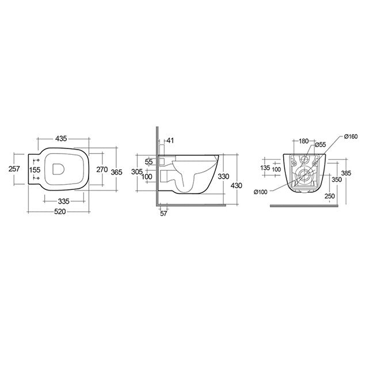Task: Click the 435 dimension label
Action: pos(62,139)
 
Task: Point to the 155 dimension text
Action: pos(35,170)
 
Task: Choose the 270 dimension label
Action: pos(102,170)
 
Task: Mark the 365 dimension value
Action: pos(117,171)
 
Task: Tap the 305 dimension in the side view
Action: pos(136,171)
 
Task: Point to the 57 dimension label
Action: pos(164,213)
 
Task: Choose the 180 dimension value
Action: pos(304,140)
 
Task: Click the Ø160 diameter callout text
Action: pos(350,136)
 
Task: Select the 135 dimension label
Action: pos(266,168)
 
